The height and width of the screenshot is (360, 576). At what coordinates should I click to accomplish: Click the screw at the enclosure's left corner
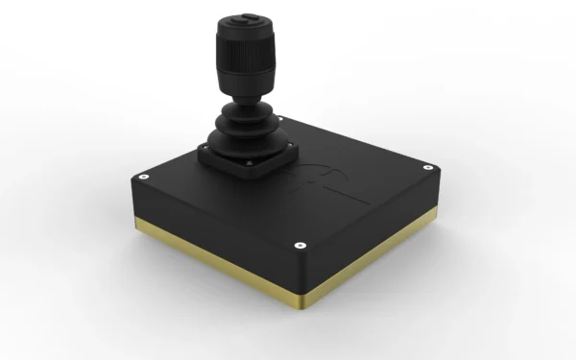[x=143, y=178]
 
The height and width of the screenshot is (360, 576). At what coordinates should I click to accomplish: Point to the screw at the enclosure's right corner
[x=429, y=168]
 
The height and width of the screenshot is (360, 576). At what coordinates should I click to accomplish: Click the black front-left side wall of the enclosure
[x=211, y=235]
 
